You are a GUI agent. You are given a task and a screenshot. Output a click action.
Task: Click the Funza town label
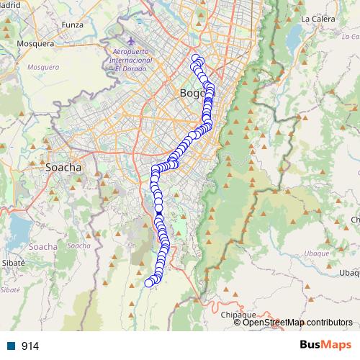tap(73, 24)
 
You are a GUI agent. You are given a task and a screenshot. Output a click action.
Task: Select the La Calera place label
tap(315, 18)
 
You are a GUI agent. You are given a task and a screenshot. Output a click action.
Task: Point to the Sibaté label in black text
tap(14, 264)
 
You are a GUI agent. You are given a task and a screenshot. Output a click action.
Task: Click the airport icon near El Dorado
tap(119, 42)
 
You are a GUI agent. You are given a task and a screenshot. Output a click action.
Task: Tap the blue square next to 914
tap(12, 346)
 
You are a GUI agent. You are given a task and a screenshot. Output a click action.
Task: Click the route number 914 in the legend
tap(30, 346)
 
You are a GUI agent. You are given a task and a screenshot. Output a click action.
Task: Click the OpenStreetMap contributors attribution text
tap(297, 323)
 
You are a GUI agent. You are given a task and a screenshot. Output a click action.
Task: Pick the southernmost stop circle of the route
tap(149, 283)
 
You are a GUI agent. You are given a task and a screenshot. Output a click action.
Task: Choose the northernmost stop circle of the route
tap(195, 58)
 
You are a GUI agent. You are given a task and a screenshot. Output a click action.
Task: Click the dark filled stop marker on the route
tap(159, 215)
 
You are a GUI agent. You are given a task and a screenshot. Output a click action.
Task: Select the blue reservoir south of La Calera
tap(294, 34)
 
